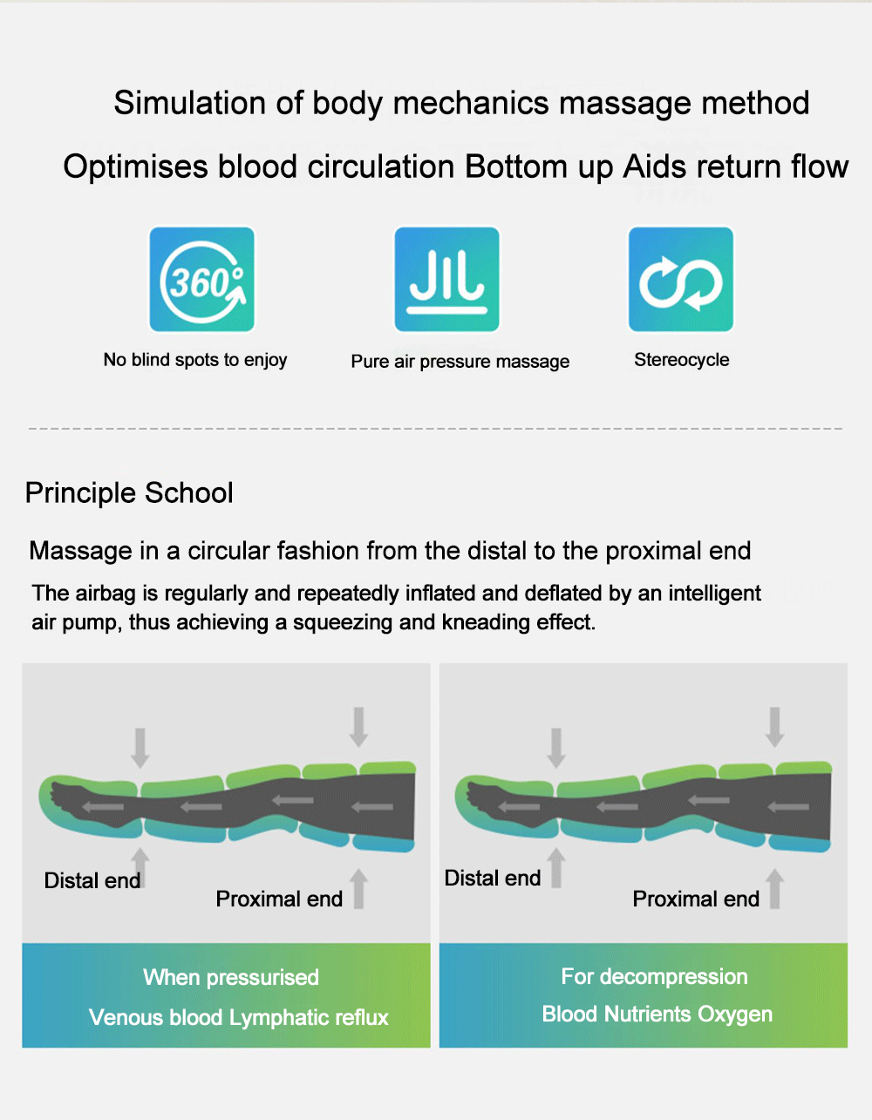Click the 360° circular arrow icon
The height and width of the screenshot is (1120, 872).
pyautogui.click(x=201, y=280)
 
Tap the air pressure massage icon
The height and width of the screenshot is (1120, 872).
pyautogui.click(x=446, y=280)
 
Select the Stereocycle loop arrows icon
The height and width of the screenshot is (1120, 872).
pyautogui.click(x=681, y=280)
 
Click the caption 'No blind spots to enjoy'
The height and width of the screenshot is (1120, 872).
pyautogui.click(x=195, y=360)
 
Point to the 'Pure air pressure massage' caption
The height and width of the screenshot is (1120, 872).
pyautogui.click(x=460, y=362)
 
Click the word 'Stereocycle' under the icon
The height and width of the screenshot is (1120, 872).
pyautogui.click(x=681, y=360)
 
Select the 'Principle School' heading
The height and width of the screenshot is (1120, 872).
pyautogui.click(x=129, y=492)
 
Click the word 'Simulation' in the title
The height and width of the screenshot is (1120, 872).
pyautogui.click(x=189, y=102)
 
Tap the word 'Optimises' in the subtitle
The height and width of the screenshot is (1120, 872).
pyautogui.click(x=135, y=167)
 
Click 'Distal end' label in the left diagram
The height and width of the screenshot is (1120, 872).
pyautogui.click(x=92, y=880)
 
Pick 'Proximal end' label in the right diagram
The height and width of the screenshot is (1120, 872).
pyautogui.click(x=696, y=899)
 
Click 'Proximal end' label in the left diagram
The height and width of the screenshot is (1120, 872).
pyautogui.click(x=279, y=899)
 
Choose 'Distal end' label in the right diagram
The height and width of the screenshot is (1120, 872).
pyautogui.click(x=493, y=878)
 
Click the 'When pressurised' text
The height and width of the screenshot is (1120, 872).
pyautogui.click(x=231, y=977)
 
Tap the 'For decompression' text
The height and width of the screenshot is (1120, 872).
pyautogui.click(x=654, y=976)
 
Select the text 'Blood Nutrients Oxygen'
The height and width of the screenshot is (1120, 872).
pyautogui.click(x=657, y=1014)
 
